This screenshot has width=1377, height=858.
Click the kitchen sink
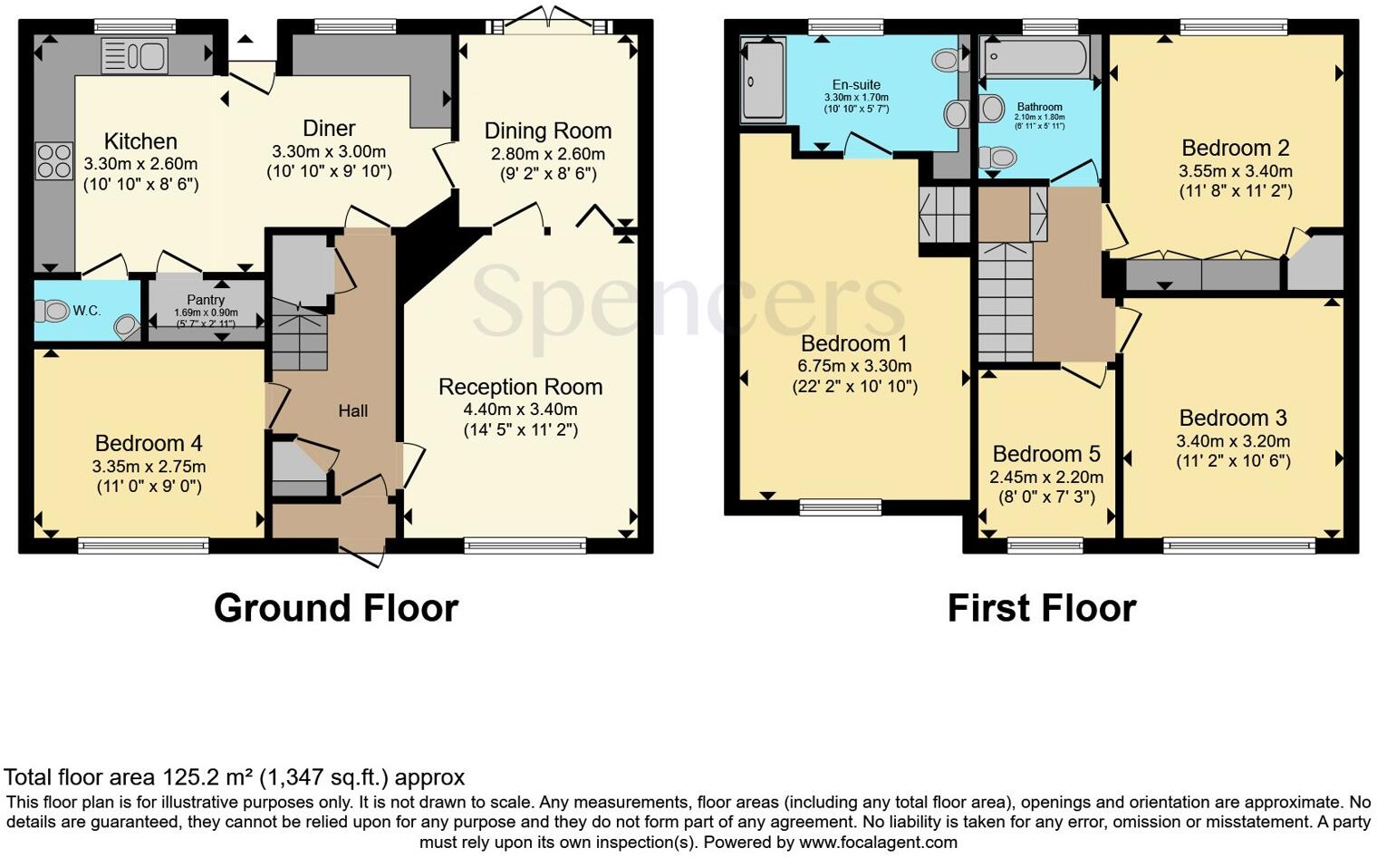(x=134, y=56)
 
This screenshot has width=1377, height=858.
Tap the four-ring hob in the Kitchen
(x=53, y=161)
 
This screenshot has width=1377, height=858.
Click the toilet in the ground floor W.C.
(x=53, y=312)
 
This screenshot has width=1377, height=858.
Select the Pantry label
(x=206, y=300)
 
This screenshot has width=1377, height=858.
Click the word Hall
(x=352, y=411)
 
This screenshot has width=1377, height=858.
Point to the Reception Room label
(x=520, y=387)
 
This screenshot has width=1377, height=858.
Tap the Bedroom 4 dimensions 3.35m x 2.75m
(x=149, y=467)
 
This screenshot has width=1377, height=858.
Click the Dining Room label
(x=547, y=130)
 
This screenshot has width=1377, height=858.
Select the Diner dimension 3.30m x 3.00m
(x=329, y=151)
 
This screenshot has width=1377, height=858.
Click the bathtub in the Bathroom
(x=1035, y=58)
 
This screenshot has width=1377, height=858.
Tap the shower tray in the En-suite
(x=763, y=81)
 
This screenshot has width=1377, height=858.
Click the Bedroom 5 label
(x=1046, y=454)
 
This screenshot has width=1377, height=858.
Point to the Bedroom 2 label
(x=1235, y=148)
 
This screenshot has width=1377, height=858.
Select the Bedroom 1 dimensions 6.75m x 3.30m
(x=854, y=366)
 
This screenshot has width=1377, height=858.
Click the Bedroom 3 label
(x=1232, y=418)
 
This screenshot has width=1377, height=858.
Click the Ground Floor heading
(x=335, y=608)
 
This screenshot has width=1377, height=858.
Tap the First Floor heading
(x=1041, y=608)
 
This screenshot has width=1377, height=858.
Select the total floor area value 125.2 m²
(x=207, y=777)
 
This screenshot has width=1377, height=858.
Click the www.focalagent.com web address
(x=878, y=842)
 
